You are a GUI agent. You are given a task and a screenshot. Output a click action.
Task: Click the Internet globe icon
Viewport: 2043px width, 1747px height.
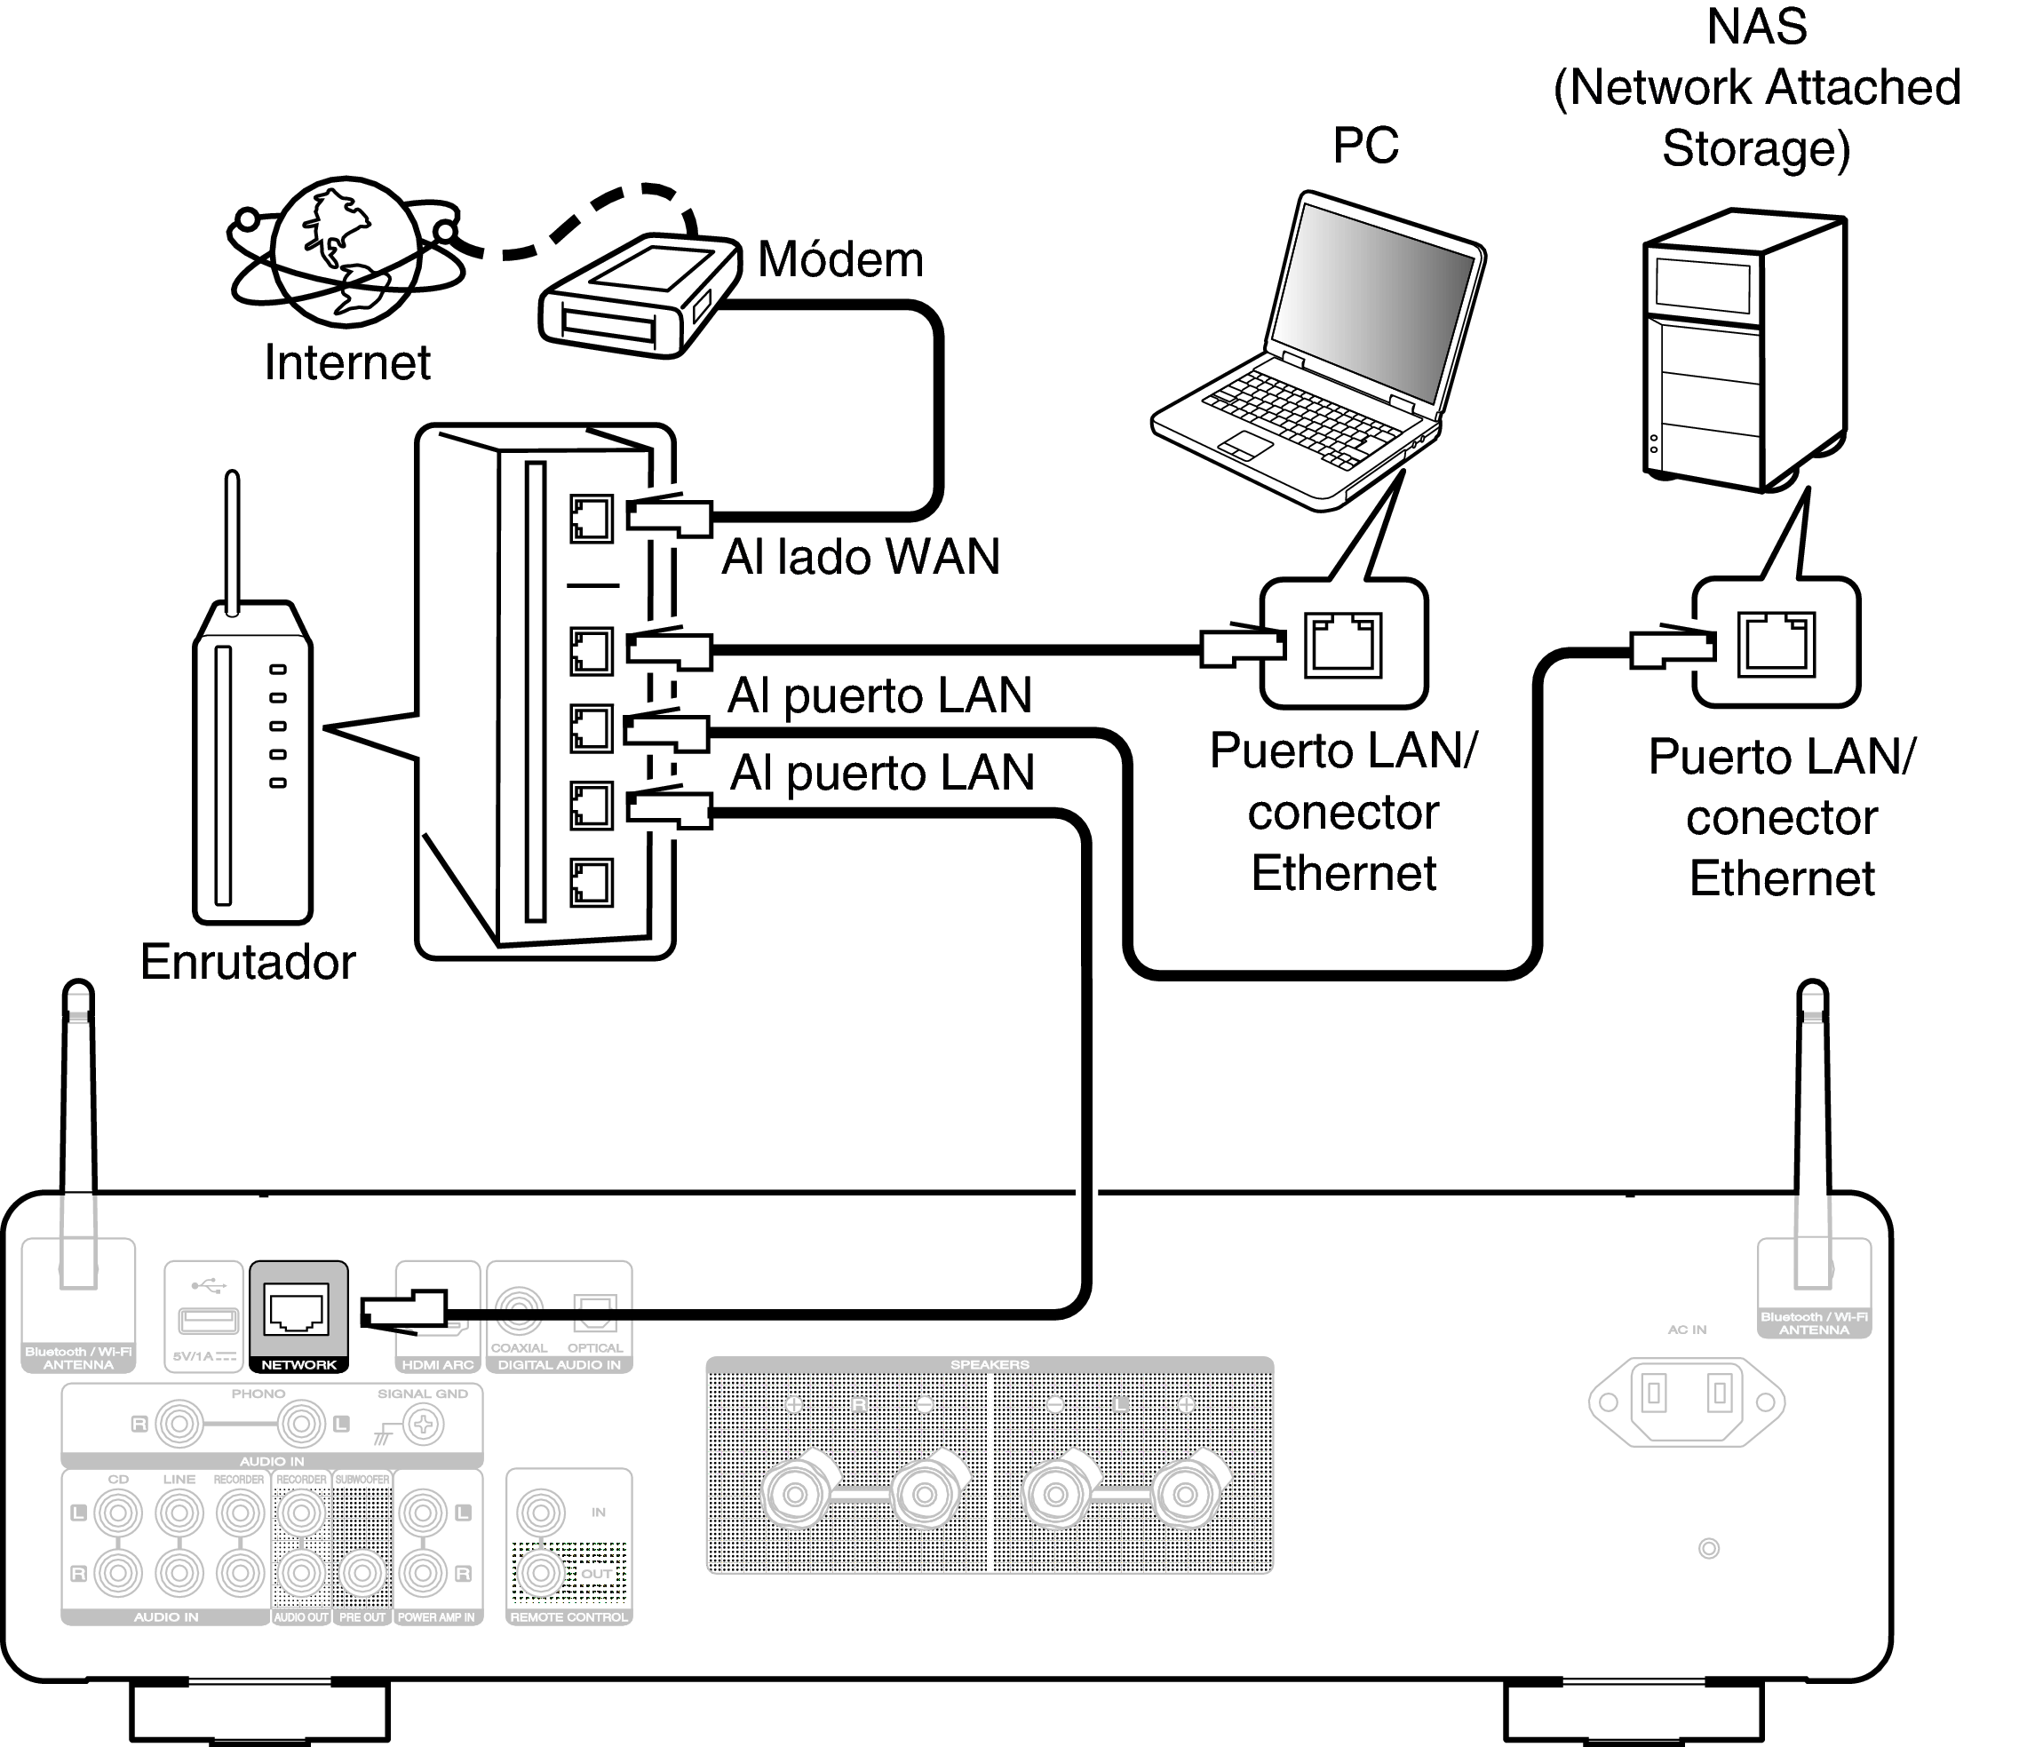347,250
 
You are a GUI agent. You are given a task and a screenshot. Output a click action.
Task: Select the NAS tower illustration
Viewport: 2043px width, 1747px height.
1744,351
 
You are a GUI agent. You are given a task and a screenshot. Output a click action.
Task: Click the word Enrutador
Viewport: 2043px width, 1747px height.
248,961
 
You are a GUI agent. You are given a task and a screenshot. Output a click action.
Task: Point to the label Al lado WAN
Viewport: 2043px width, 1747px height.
860,557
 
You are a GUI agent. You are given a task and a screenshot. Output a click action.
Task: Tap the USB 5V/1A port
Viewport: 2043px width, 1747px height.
207,1320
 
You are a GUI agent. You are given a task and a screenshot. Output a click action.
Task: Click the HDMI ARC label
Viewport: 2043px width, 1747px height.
438,1365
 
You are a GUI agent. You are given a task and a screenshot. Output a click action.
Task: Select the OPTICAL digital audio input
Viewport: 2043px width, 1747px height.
595,1311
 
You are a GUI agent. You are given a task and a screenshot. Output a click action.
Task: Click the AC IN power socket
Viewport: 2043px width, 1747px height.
1686,1400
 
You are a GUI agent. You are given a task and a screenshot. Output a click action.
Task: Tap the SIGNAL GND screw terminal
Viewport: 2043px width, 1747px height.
425,1424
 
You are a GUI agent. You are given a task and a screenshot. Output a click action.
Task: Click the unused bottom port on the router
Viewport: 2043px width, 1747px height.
591,882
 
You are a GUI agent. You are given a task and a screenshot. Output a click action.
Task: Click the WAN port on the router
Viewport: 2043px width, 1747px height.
591,519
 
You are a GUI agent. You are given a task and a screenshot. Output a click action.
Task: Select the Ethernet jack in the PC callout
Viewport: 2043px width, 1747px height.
1342,644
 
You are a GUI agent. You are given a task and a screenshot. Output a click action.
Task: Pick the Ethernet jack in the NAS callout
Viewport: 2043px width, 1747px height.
1775,644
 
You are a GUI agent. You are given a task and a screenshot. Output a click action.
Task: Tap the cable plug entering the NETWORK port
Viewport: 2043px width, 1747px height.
404,1312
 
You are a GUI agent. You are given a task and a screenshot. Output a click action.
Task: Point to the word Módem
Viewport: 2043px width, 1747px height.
840,260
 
